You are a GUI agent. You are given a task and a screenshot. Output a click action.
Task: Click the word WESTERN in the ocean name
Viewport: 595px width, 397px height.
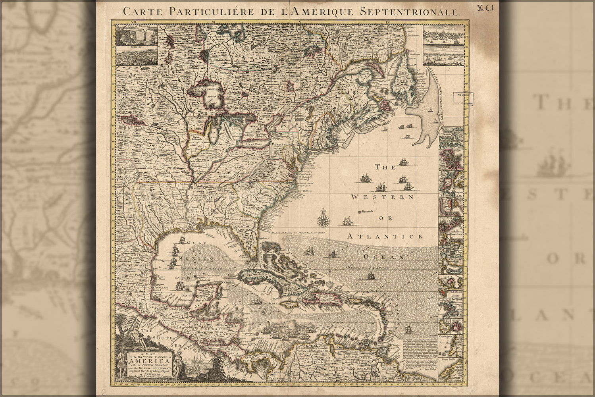coord(382,197)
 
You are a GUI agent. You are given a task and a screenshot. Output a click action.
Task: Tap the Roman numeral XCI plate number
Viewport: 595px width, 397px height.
coord(486,8)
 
